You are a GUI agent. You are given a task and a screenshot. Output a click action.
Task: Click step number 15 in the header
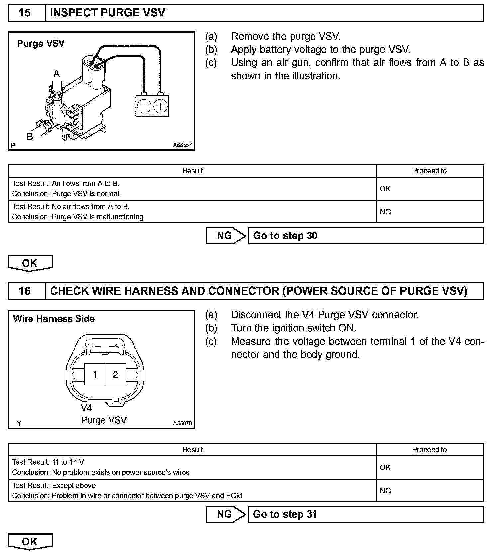[x=25, y=13]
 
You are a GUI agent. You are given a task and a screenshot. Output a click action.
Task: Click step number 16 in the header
[x=25, y=291]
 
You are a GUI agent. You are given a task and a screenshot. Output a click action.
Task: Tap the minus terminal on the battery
[x=144, y=107]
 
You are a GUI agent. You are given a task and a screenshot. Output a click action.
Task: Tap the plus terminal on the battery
[x=161, y=107]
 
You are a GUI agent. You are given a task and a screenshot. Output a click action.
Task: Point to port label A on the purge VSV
[x=57, y=74]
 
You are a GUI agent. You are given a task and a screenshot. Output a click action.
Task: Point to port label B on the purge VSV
[x=30, y=136]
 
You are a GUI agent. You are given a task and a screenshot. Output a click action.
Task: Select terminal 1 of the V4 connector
[x=95, y=375]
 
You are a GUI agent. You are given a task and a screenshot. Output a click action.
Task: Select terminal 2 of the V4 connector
[x=115, y=375]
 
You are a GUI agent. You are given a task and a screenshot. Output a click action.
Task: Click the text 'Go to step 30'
[x=285, y=236]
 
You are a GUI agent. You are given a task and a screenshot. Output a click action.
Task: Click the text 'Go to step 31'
[x=285, y=514]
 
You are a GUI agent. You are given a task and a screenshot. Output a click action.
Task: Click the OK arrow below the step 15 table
[x=30, y=263]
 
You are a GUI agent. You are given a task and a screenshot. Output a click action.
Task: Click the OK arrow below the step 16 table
[x=30, y=542]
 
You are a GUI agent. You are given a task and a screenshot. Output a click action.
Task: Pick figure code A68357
[x=182, y=145]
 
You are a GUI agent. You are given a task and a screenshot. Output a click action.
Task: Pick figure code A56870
[x=182, y=424]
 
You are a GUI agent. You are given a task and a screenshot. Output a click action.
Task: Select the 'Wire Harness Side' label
[x=54, y=319]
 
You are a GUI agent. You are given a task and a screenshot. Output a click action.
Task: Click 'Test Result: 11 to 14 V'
[x=48, y=462]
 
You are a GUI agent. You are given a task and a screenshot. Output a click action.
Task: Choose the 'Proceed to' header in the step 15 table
[x=429, y=171]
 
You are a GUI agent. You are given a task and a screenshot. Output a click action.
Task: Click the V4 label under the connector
[x=86, y=408]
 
